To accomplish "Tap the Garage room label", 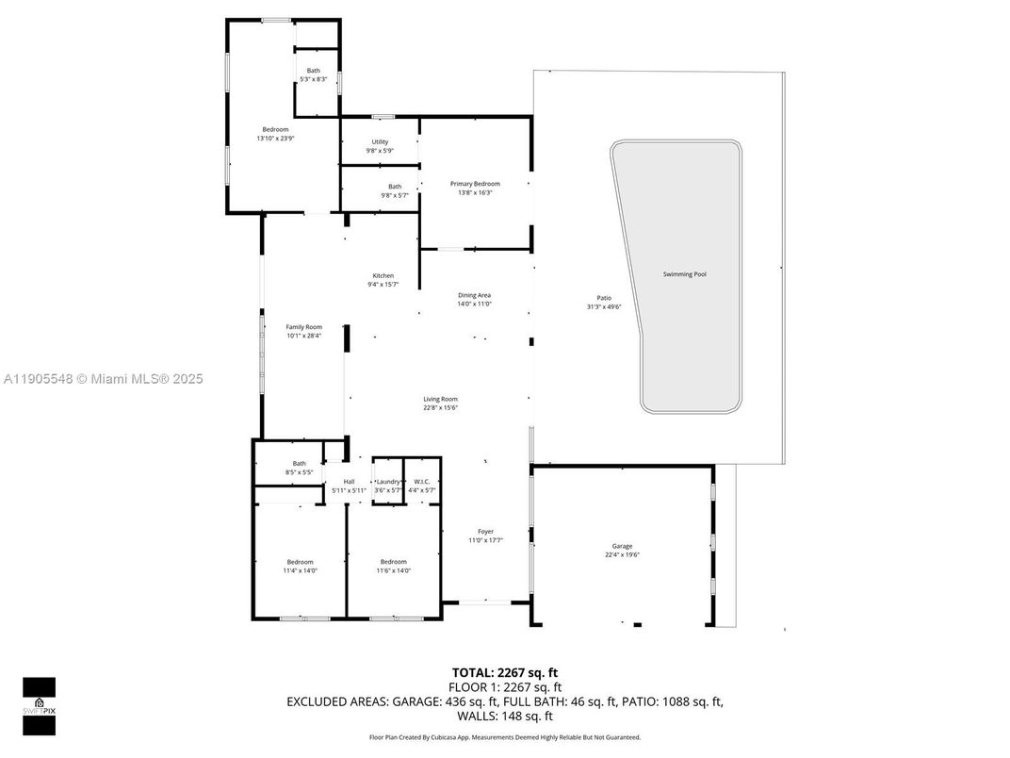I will (622, 546).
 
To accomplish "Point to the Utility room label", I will (380, 142).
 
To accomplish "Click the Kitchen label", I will (383, 275).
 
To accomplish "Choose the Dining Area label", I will (475, 295).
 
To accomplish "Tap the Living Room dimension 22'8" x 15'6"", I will (440, 407).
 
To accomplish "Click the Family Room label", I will (304, 327).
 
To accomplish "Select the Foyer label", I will (485, 532).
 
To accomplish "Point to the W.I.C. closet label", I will (421, 482).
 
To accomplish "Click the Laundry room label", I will (388, 482).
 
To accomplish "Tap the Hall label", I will (349, 482).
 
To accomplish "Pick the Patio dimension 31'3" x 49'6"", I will (604, 306).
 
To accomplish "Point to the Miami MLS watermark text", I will (104, 379).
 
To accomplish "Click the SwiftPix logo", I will (39, 705).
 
